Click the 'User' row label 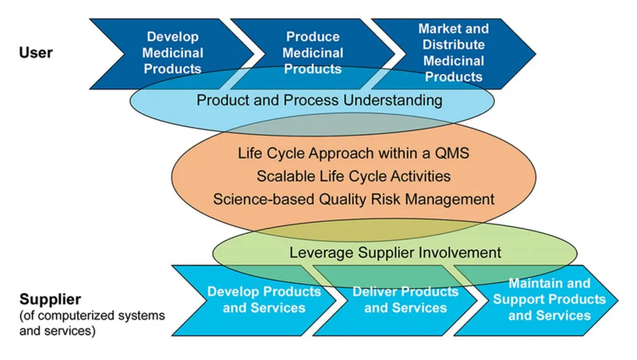point(36,53)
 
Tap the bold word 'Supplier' point(50,299)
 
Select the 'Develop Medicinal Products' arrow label point(173,53)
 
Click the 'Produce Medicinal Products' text point(313,53)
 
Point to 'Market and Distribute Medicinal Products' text point(454,53)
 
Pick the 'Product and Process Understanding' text point(319,100)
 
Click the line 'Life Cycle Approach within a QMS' point(353,153)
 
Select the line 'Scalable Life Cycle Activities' point(353,176)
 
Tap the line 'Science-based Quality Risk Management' point(353,199)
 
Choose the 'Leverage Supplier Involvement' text point(395,253)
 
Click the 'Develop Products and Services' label point(264,299)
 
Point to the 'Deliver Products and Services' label point(405,299)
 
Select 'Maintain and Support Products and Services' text point(549,299)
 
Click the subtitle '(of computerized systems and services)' point(92,323)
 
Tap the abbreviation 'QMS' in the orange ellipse point(452,153)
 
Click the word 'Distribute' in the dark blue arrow point(454,45)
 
